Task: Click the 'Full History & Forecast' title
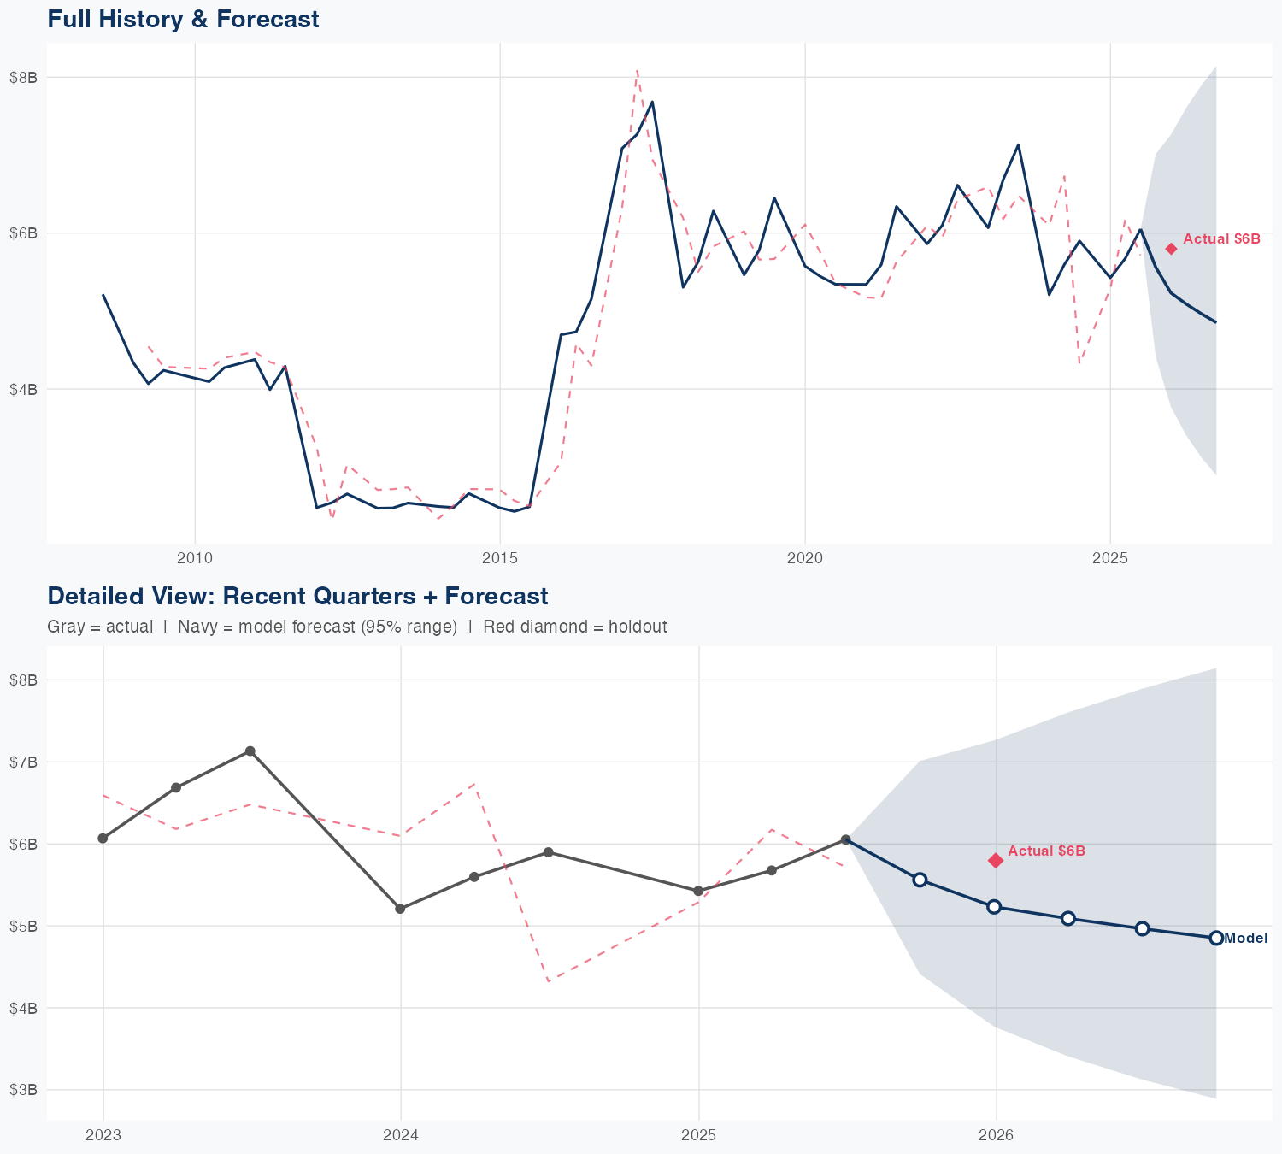pos(183,19)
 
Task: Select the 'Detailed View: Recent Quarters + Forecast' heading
pos(297,596)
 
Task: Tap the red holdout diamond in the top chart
pos(1171,249)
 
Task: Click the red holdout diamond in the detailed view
pos(996,860)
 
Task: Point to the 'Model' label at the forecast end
pos(1246,939)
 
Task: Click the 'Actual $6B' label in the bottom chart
pos(1046,851)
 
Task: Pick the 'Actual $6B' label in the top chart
pos(1221,239)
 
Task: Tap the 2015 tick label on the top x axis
pos(500,559)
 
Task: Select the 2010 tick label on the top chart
pos(195,559)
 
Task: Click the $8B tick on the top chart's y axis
pos(23,78)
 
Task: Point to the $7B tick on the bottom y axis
pos(23,762)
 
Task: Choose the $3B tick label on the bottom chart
pos(23,1090)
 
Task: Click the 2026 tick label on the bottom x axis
pos(996,1136)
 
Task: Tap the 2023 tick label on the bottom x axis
pos(103,1136)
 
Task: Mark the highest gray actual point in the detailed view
pos(250,751)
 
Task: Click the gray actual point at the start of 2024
pos(400,909)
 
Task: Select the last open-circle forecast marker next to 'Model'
pos(1216,938)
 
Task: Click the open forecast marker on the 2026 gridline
pos(994,907)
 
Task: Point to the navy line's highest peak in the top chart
pos(652,102)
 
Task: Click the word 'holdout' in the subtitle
pos(639,627)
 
